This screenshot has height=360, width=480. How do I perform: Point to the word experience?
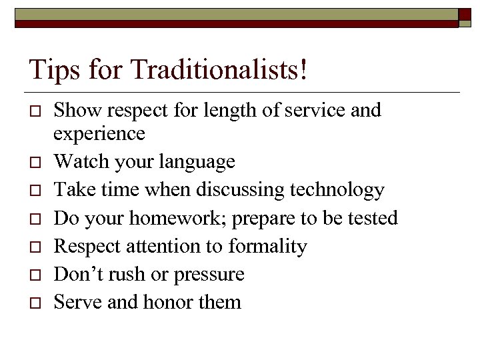coord(99,134)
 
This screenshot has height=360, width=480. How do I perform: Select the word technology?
coord(339,190)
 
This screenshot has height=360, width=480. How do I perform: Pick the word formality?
coord(267,247)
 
